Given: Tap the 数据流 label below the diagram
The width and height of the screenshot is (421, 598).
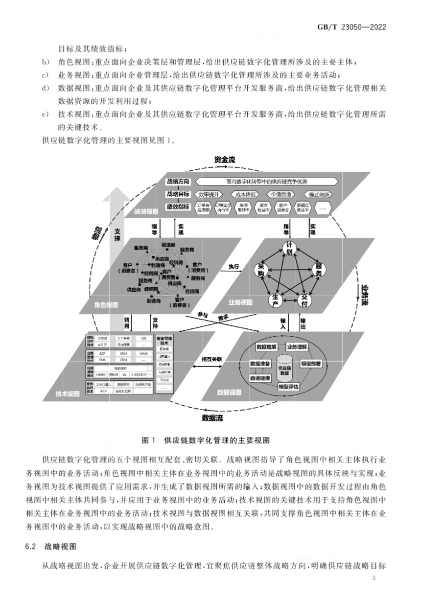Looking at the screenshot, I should [212, 417].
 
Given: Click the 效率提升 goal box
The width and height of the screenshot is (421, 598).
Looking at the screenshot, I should [210, 194].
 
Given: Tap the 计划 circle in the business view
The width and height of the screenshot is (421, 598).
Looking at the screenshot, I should [289, 248].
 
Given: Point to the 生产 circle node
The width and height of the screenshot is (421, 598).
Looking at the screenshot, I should [275, 300].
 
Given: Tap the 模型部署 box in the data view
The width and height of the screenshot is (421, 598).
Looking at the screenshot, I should [311, 363].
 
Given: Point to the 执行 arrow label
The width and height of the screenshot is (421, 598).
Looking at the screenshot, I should [234, 267].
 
